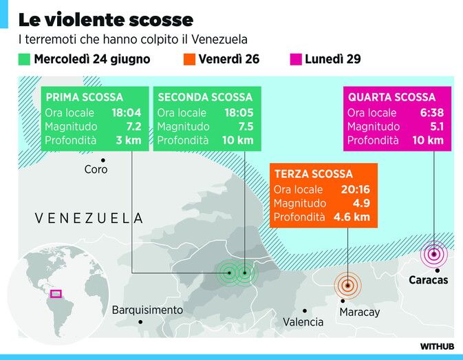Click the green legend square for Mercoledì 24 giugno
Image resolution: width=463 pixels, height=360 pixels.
tap(24, 59)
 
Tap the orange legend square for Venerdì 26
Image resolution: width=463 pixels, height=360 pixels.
tap(189, 59)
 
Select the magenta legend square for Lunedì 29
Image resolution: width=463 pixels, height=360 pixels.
tap(296, 59)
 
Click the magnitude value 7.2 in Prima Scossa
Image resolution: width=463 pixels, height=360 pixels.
tap(133, 127)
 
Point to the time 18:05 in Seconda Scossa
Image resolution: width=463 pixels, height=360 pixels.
tap(239, 112)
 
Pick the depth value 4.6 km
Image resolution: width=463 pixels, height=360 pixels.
tap(352, 217)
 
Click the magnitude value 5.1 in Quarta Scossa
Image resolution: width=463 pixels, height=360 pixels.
tap(437, 127)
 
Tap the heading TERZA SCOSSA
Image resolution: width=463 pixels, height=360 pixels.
tap(314, 174)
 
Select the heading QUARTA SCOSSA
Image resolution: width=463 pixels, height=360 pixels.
tap(392, 97)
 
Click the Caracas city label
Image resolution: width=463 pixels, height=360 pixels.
tap(428, 279)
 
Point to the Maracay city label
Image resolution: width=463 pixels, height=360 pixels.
tap(360, 312)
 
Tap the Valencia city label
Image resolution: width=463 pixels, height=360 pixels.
tap(303, 322)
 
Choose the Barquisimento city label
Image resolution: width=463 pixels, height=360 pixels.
tap(147, 310)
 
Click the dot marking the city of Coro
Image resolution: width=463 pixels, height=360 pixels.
tap(103, 160)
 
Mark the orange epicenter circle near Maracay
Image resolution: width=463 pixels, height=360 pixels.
tap(348, 285)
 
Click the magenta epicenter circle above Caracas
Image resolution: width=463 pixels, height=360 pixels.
tap(434, 254)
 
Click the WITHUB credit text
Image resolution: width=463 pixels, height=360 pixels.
tap(437, 346)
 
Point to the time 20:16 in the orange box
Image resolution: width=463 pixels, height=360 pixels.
tap(356, 189)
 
